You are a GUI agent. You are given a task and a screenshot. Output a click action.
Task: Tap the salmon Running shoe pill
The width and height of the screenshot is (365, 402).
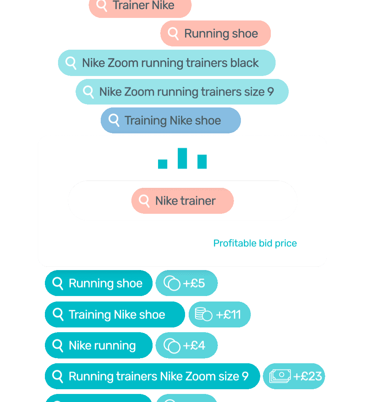point(216,34)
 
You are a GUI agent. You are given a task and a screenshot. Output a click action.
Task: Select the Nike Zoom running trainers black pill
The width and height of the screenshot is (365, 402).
point(167,63)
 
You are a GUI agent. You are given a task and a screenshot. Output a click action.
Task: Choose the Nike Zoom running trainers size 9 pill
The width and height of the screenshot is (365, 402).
point(182,92)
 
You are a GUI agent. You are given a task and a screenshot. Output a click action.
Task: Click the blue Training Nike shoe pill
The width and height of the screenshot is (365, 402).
point(171,121)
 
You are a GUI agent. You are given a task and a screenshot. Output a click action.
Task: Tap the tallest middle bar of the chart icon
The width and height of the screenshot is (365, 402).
point(182,158)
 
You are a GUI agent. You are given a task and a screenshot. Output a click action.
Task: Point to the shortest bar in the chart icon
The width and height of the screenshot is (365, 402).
point(163,164)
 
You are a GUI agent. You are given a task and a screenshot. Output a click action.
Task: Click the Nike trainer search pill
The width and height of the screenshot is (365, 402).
point(182,201)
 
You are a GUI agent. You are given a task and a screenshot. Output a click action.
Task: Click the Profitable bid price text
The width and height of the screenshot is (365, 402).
point(255,243)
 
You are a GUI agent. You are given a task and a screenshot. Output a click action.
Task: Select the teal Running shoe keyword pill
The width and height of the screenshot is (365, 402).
point(99,283)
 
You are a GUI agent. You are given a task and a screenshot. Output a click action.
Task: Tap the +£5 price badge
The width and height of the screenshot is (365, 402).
point(187,283)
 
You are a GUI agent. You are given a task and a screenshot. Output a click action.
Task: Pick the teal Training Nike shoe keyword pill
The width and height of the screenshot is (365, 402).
point(115,314)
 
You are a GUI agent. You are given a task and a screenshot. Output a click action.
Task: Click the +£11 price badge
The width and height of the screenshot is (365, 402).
point(219,314)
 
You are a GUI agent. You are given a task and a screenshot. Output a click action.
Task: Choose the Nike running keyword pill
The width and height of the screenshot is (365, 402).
point(99,345)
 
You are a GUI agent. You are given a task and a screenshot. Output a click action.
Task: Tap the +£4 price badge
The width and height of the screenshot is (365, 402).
point(187,345)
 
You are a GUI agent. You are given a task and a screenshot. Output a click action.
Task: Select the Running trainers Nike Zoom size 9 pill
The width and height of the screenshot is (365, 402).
point(153,376)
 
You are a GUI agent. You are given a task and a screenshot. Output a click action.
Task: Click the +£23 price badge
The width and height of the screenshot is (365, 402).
point(294,376)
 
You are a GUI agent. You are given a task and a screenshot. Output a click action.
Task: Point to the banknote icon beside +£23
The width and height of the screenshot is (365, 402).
point(280,376)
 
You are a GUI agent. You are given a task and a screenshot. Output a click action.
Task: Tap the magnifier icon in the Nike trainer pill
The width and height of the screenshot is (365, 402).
point(144,201)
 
